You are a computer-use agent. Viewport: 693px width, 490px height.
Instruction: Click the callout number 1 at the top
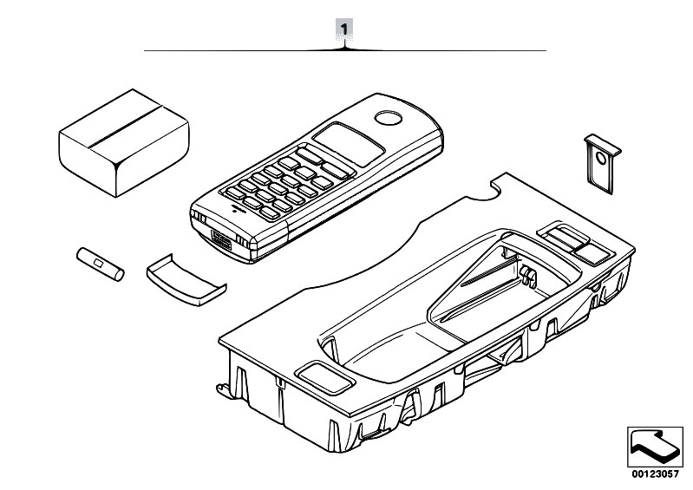pyautogui.click(x=346, y=28)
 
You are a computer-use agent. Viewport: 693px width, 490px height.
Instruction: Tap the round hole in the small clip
pyautogui.click(x=599, y=157)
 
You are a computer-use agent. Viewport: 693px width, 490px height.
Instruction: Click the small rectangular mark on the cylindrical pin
pyautogui.click(x=98, y=263)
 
